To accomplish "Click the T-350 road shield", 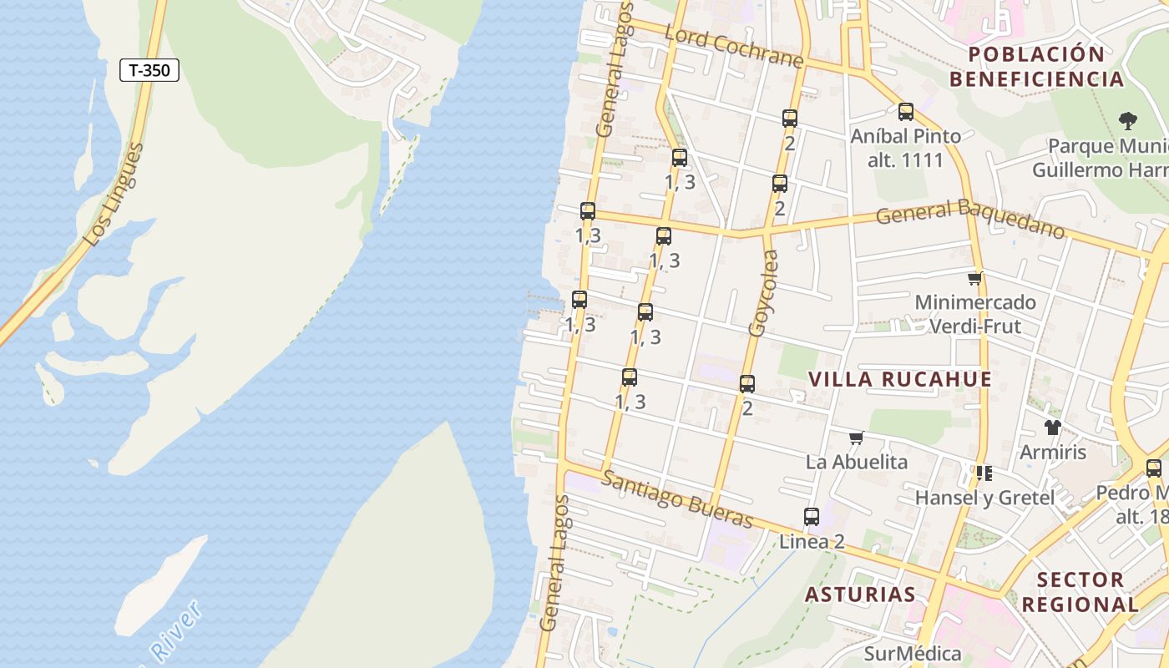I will pyautogui.click(x=149, y=70).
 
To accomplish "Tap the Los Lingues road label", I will pyautogui.click(x=115, y=195).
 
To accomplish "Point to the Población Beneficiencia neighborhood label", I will pyautogui.click(x=1036, y=67).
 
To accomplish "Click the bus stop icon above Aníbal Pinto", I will pyautogui.click(x=906, y=111).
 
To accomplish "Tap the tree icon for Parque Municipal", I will pyautogui.click(x=1127, y=120).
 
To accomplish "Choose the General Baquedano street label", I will pyautogui.click(x=970, y=216).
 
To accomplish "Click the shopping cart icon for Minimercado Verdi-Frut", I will pyautogui.click(x=974, y=278).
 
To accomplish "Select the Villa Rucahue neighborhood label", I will pyautogui.click(x=900, y=379).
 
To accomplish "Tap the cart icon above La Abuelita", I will pyautogui.click(x=856, y=438).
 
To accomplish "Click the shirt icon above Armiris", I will pyautogui.click(x=1052, y=428).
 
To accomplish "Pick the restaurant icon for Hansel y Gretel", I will pyautogui.click(x=984, y=473).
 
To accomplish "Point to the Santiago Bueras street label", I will pyautogui.click(x=677, y=499).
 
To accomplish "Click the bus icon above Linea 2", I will pyautogui.click(x=812, y=516).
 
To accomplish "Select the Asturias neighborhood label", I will pyautogui.click(x=860, y=595).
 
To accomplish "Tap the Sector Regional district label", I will pyautogui.click(x=1080, y=591).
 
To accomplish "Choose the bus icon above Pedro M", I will pyautogui.click(x=1154, y=468).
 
